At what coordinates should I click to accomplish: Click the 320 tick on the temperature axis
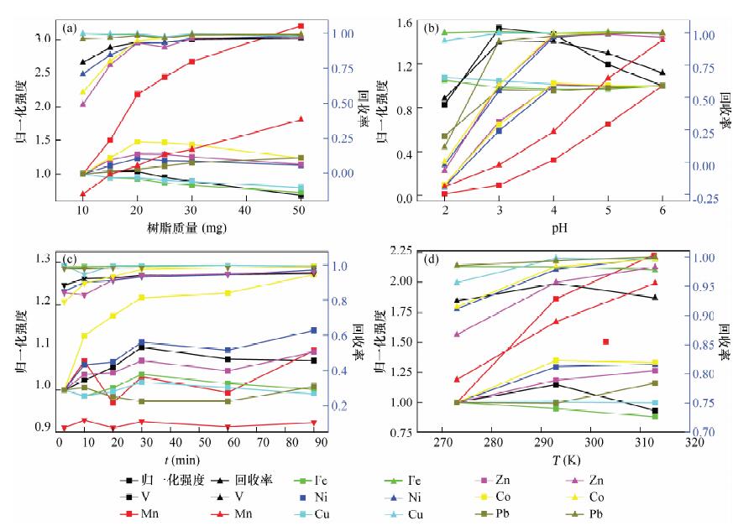pos(694,442)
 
